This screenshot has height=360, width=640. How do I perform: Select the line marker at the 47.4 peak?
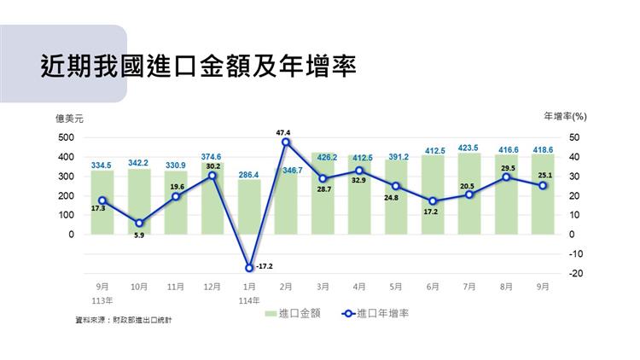pos(286,142)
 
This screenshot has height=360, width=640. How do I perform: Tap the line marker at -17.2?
pos(249,267)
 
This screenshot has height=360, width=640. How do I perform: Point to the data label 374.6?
pos(212,157)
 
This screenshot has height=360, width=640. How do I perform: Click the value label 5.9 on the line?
pos(139,235)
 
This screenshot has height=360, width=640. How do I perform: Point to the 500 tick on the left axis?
pos(66,137)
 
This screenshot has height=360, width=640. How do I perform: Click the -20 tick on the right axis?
pos(575,273)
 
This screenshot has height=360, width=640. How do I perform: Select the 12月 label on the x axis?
pos(212,287)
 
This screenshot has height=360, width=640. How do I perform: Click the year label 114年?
pos(249,300)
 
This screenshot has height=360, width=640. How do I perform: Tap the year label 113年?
pos(102,300)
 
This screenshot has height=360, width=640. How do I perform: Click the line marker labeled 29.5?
pos(506,177)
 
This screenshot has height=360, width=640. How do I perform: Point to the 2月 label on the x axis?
pos(286,287)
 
